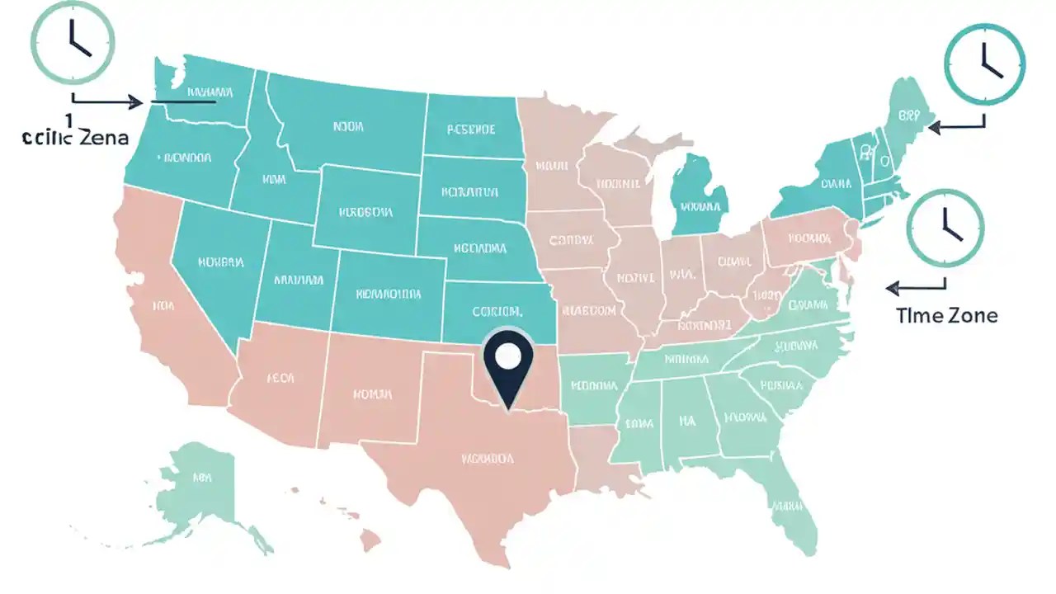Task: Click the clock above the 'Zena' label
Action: tap(72, 40)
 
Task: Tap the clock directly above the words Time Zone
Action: tap(945, 229)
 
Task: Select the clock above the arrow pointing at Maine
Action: tap(984, 64)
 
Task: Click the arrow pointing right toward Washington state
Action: tap(107, 101)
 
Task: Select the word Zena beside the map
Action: tap(104, 138)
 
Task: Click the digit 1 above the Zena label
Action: tap(70, 119)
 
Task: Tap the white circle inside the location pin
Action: tap(507, 356)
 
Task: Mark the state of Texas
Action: tap(478, 462)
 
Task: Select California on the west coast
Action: tap(165, 305)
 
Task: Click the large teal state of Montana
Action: tap(346, 124)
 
